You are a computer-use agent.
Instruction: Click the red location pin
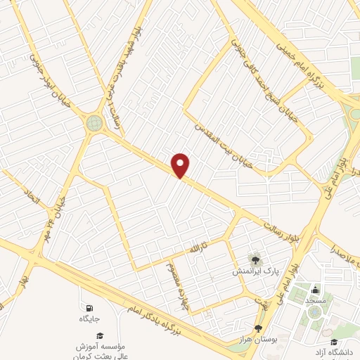click(x=181, y=165)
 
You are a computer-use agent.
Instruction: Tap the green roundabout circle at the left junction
click(x=94, y=123)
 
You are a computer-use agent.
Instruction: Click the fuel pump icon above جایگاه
click(x=89, y=309)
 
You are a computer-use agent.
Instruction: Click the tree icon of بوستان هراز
click(x=258, y=328)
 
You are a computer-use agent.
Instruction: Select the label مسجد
click(x=316, y=300)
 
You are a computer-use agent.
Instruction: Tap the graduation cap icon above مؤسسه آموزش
click(x=99, y=337)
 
